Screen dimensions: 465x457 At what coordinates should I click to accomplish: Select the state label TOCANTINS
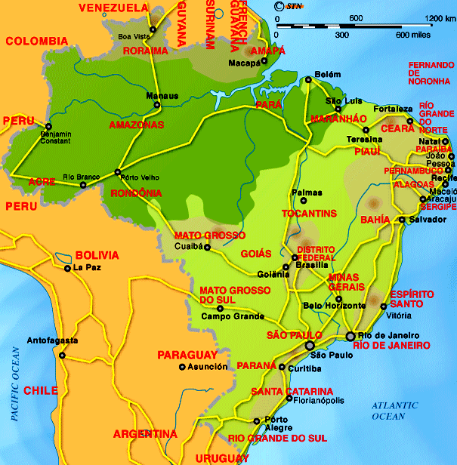pyautogui.click(x=310, y=214)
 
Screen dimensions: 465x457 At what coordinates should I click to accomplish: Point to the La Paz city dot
pyautogui.click(x=68, y=268)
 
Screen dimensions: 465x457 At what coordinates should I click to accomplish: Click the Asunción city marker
pyautogui.click(x=181, y=367)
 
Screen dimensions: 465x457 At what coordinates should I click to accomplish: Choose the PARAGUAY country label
pyautogui.click(x=187, y=355)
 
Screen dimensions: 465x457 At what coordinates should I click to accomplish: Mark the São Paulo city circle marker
pyautogui.click(x=310, y=345)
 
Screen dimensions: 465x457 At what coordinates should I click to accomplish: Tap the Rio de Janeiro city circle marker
pyautogui.click(x=350, y=335)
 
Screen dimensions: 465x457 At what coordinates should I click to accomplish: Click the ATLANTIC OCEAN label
pyautogui.click(x=394, y=411)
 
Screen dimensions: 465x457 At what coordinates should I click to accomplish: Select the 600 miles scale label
pyautogui.click(x=412, y=35)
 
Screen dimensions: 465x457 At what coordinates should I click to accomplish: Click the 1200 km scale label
pyautogui.click(x=440, y=18)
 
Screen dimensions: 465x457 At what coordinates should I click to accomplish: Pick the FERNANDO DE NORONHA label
pyautogui.click(x=431, y=72)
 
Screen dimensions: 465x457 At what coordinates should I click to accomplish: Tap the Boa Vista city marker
pyautogui.click(x=153, y=29)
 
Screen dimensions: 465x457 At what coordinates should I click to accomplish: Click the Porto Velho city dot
pyautogui.click(x=117, y=172)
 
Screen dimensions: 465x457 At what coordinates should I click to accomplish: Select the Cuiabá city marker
pyautogui.click(x=207, y=246)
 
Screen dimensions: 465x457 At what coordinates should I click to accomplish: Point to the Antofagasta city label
pyautogui.click(x=52, y=341)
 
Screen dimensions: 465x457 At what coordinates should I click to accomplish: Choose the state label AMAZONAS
pyautogui.click(x=137, y=125)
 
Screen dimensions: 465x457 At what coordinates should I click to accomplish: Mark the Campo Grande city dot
pyautogui.click(x=220, y=308)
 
